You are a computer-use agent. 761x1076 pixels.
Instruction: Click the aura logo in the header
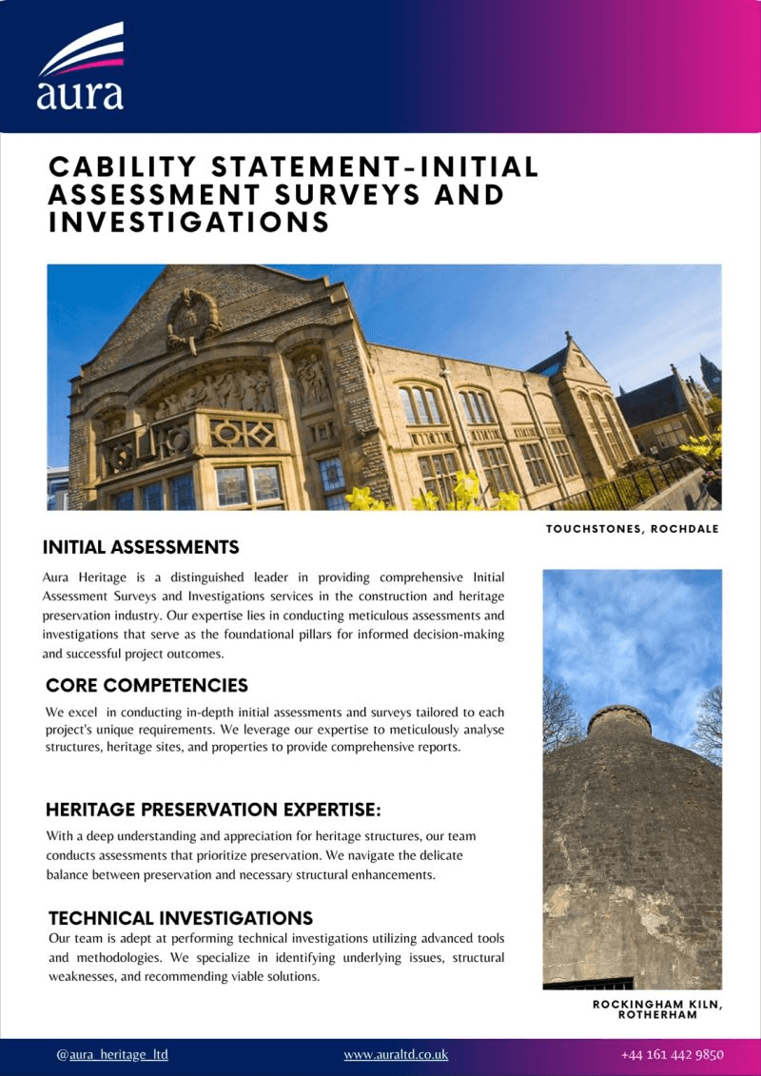point(81,67)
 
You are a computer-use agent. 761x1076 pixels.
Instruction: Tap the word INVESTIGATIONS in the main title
point(189,223)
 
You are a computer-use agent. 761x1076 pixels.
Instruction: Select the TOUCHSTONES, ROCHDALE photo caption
point(633,529)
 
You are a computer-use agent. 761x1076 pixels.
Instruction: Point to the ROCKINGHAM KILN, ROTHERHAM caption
point(656,1009)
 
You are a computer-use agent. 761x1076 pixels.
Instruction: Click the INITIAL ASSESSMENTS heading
point(141,548)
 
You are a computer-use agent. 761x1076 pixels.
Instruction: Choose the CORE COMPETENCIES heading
point(146,686)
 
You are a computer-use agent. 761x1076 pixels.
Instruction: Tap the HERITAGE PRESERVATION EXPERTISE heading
point(213,811)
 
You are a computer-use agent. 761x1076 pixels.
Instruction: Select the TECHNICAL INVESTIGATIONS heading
point(181,919)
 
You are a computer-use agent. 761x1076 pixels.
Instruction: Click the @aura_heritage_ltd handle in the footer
point(112,1054)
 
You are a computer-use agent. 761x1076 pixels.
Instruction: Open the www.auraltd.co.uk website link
point(396,1054)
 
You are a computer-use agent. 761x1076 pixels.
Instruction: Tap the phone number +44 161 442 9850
point(673,1054)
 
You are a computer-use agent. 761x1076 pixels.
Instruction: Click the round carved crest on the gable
point(194,321)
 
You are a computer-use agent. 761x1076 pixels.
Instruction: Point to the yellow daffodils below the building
point(466,491)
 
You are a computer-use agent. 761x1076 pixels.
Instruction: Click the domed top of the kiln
point(618,717)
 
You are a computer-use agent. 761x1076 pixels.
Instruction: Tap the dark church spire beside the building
point(710,374)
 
